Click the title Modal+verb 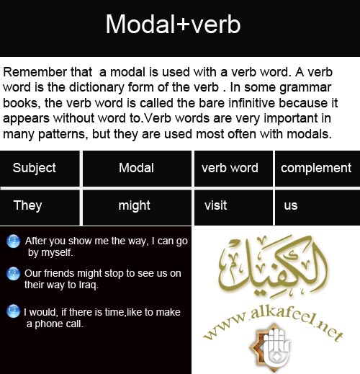(173, 24)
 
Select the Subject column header (40, 168)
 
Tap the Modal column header (137, 168)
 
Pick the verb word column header (233, 168)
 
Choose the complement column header (318, 168)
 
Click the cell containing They (40, 208)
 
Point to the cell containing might (137, 208)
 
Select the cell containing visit (233, 208)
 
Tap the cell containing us (318, 208)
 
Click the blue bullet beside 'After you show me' (13, 241)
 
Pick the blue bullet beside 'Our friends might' (13, 274)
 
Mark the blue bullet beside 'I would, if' (13, 311)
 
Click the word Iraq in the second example (89, 285)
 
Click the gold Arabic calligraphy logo (272, 264)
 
